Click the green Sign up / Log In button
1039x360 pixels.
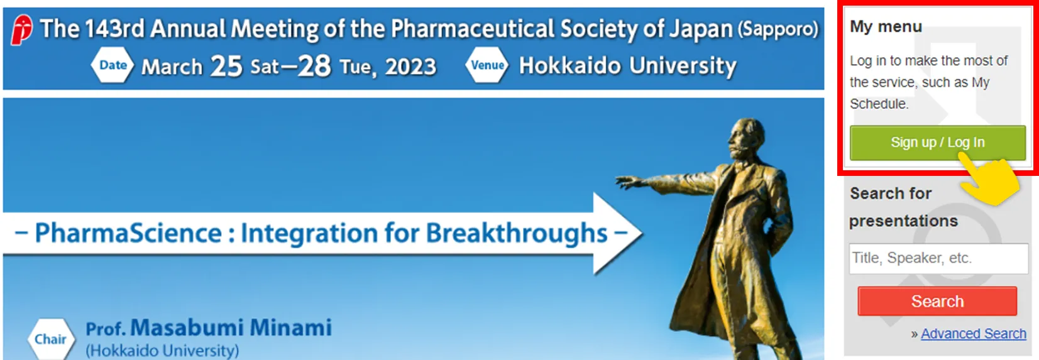937,143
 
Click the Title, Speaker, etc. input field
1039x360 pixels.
938,258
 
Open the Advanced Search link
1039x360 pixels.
974,334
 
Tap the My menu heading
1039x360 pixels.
886,26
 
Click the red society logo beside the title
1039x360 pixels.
22,30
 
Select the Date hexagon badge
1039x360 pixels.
113,65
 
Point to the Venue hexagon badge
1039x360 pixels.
487,65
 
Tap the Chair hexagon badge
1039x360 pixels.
50,339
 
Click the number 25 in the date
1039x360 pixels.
226,66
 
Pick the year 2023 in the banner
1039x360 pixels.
410,67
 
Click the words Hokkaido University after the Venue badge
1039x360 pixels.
627,66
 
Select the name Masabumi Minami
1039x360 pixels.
231,327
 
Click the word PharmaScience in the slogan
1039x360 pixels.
128,233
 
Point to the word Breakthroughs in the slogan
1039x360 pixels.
516,233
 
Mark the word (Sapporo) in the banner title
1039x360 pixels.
778,30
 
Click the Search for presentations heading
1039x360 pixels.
903,207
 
